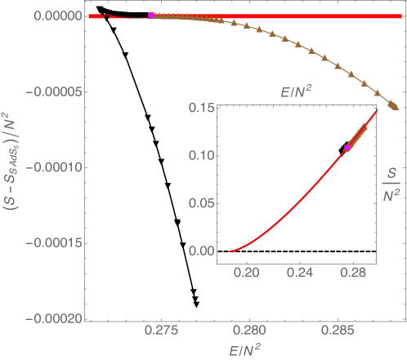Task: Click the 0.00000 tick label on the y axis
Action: pos(53,16)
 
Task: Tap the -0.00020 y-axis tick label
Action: pos(51,318)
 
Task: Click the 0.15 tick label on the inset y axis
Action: pos(199,108)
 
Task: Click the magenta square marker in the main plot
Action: pos(151,16)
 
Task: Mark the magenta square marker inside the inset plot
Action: pos(347,148)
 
